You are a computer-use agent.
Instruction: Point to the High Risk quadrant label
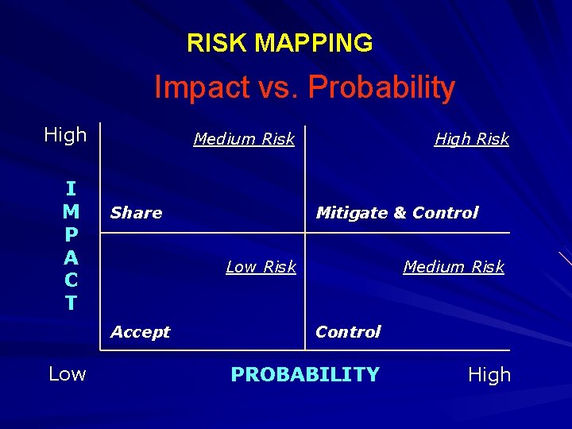(471, 139)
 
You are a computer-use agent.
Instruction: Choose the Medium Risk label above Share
(244, 139)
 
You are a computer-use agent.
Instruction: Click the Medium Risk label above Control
(454, 267)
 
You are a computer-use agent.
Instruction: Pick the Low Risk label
(261, 267)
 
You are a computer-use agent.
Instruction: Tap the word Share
(136, 213)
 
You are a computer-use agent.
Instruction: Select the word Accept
(140, 332)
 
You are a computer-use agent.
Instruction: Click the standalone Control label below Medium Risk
(348, 332)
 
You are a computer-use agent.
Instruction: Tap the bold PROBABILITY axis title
(305, 374)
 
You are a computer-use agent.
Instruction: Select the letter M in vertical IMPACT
(71, 211)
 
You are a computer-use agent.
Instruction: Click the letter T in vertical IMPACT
(71, 303)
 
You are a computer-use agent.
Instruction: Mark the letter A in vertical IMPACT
(71, 257)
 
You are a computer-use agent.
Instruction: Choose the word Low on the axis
(68, 374)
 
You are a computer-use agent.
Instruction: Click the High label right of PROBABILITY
(489, 375)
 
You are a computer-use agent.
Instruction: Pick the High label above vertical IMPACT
(65, 135)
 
